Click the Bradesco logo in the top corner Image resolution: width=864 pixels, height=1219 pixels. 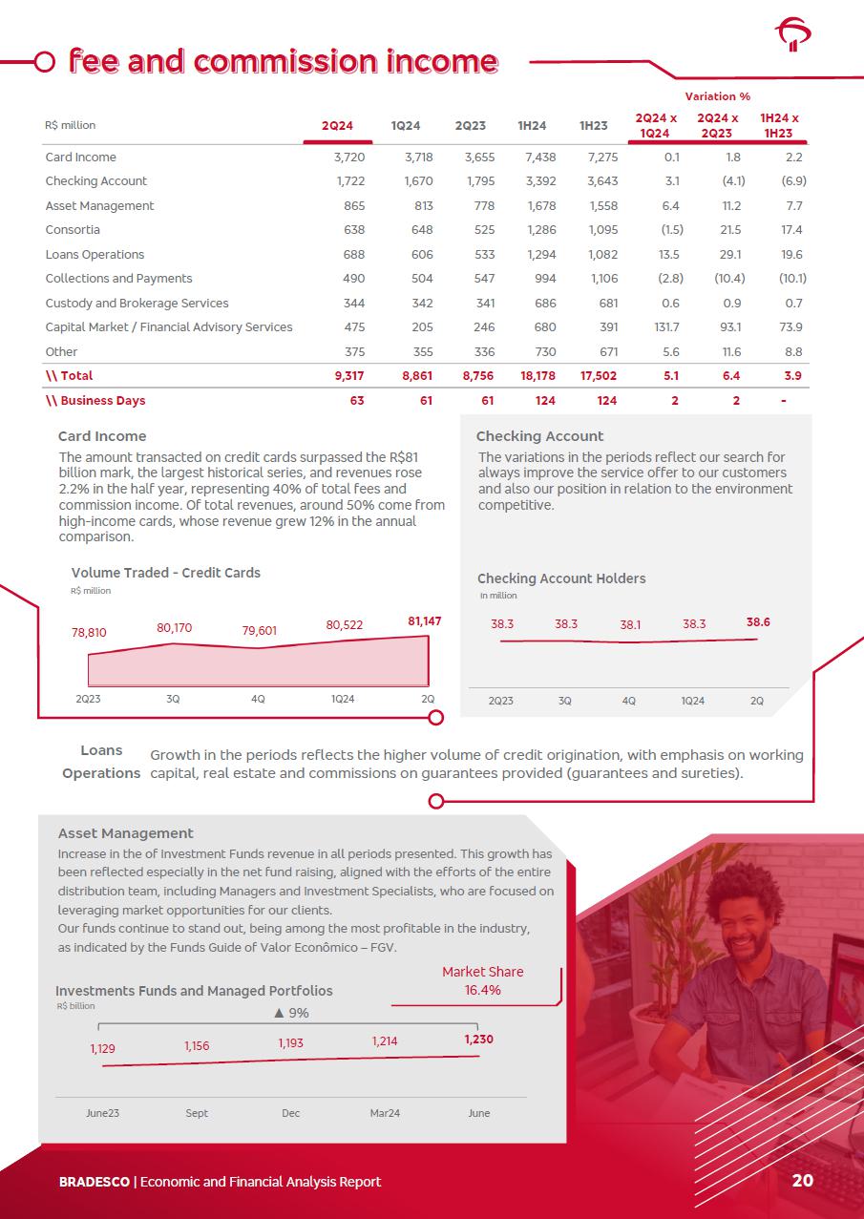point(792,36)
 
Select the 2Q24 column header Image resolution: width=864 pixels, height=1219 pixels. point(337,126)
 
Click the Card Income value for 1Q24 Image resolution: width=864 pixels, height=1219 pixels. point(418,158)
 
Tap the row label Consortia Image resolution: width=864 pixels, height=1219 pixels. point(73,230)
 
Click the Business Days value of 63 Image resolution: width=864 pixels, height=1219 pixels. point(356,401)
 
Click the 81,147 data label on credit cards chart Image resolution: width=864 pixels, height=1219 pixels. point(424,621)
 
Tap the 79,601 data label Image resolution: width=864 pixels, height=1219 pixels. point(260,631)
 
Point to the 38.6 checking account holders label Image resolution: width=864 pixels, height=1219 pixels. point(758,622)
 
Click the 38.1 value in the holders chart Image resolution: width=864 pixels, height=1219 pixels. point(630,625)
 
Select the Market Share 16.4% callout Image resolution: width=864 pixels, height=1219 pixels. point(482,981)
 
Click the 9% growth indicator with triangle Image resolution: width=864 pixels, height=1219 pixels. point(291,1013)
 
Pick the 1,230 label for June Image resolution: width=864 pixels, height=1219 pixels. point(478,1040)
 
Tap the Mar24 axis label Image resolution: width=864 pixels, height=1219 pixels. point(385,1113)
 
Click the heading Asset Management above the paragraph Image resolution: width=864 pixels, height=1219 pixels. point(126,833)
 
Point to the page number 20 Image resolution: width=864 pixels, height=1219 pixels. point(802,1181)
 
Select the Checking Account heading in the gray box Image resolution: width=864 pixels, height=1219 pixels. point(539,436)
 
